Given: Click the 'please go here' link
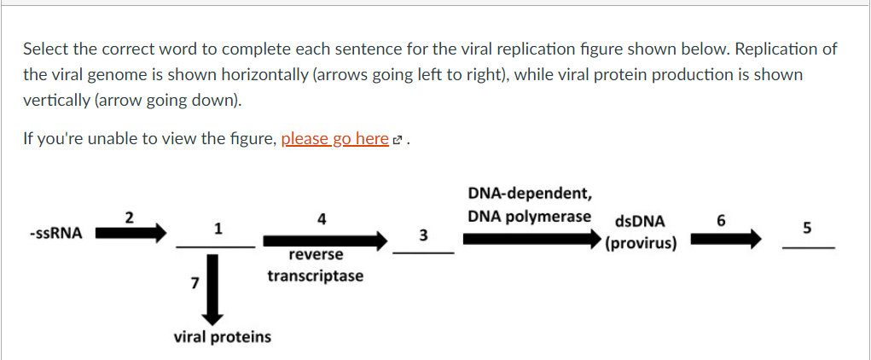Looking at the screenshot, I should pyautogui.click(x=334, y=138).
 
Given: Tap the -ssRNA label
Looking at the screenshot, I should pyautogui.click(x=55, y=233).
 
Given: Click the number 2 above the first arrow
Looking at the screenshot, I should pyautogui.click(x=129, y=216).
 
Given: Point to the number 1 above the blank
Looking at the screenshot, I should pyautogui.click(x=218, y=229).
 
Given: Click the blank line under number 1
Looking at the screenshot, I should pyautogui.click(x=215, y=246).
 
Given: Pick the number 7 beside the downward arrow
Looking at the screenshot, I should pyautogui.click(x=195, y=282).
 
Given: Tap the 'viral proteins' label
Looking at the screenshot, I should pyautogui.click(x=223, y=337).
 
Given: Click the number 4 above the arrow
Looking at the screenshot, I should pyautogui.click(x=321, y=218).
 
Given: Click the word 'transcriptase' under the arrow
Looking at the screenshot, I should pyautogui.click(x=316, y=276).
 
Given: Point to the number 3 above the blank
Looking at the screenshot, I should pyautogui.click(x=423, y=234).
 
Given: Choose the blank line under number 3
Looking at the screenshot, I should pyautogui.click(x=423, y=253).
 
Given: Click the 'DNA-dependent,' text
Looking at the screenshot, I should pyautogui.click(x=528, y=194).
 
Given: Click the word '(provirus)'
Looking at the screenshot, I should pyautogui.click(x=641, y=243).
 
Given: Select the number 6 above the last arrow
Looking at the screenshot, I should pyautogui.click(x=722, y=221).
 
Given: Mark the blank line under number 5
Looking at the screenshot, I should pyautogui.click(x=807, y=247).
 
